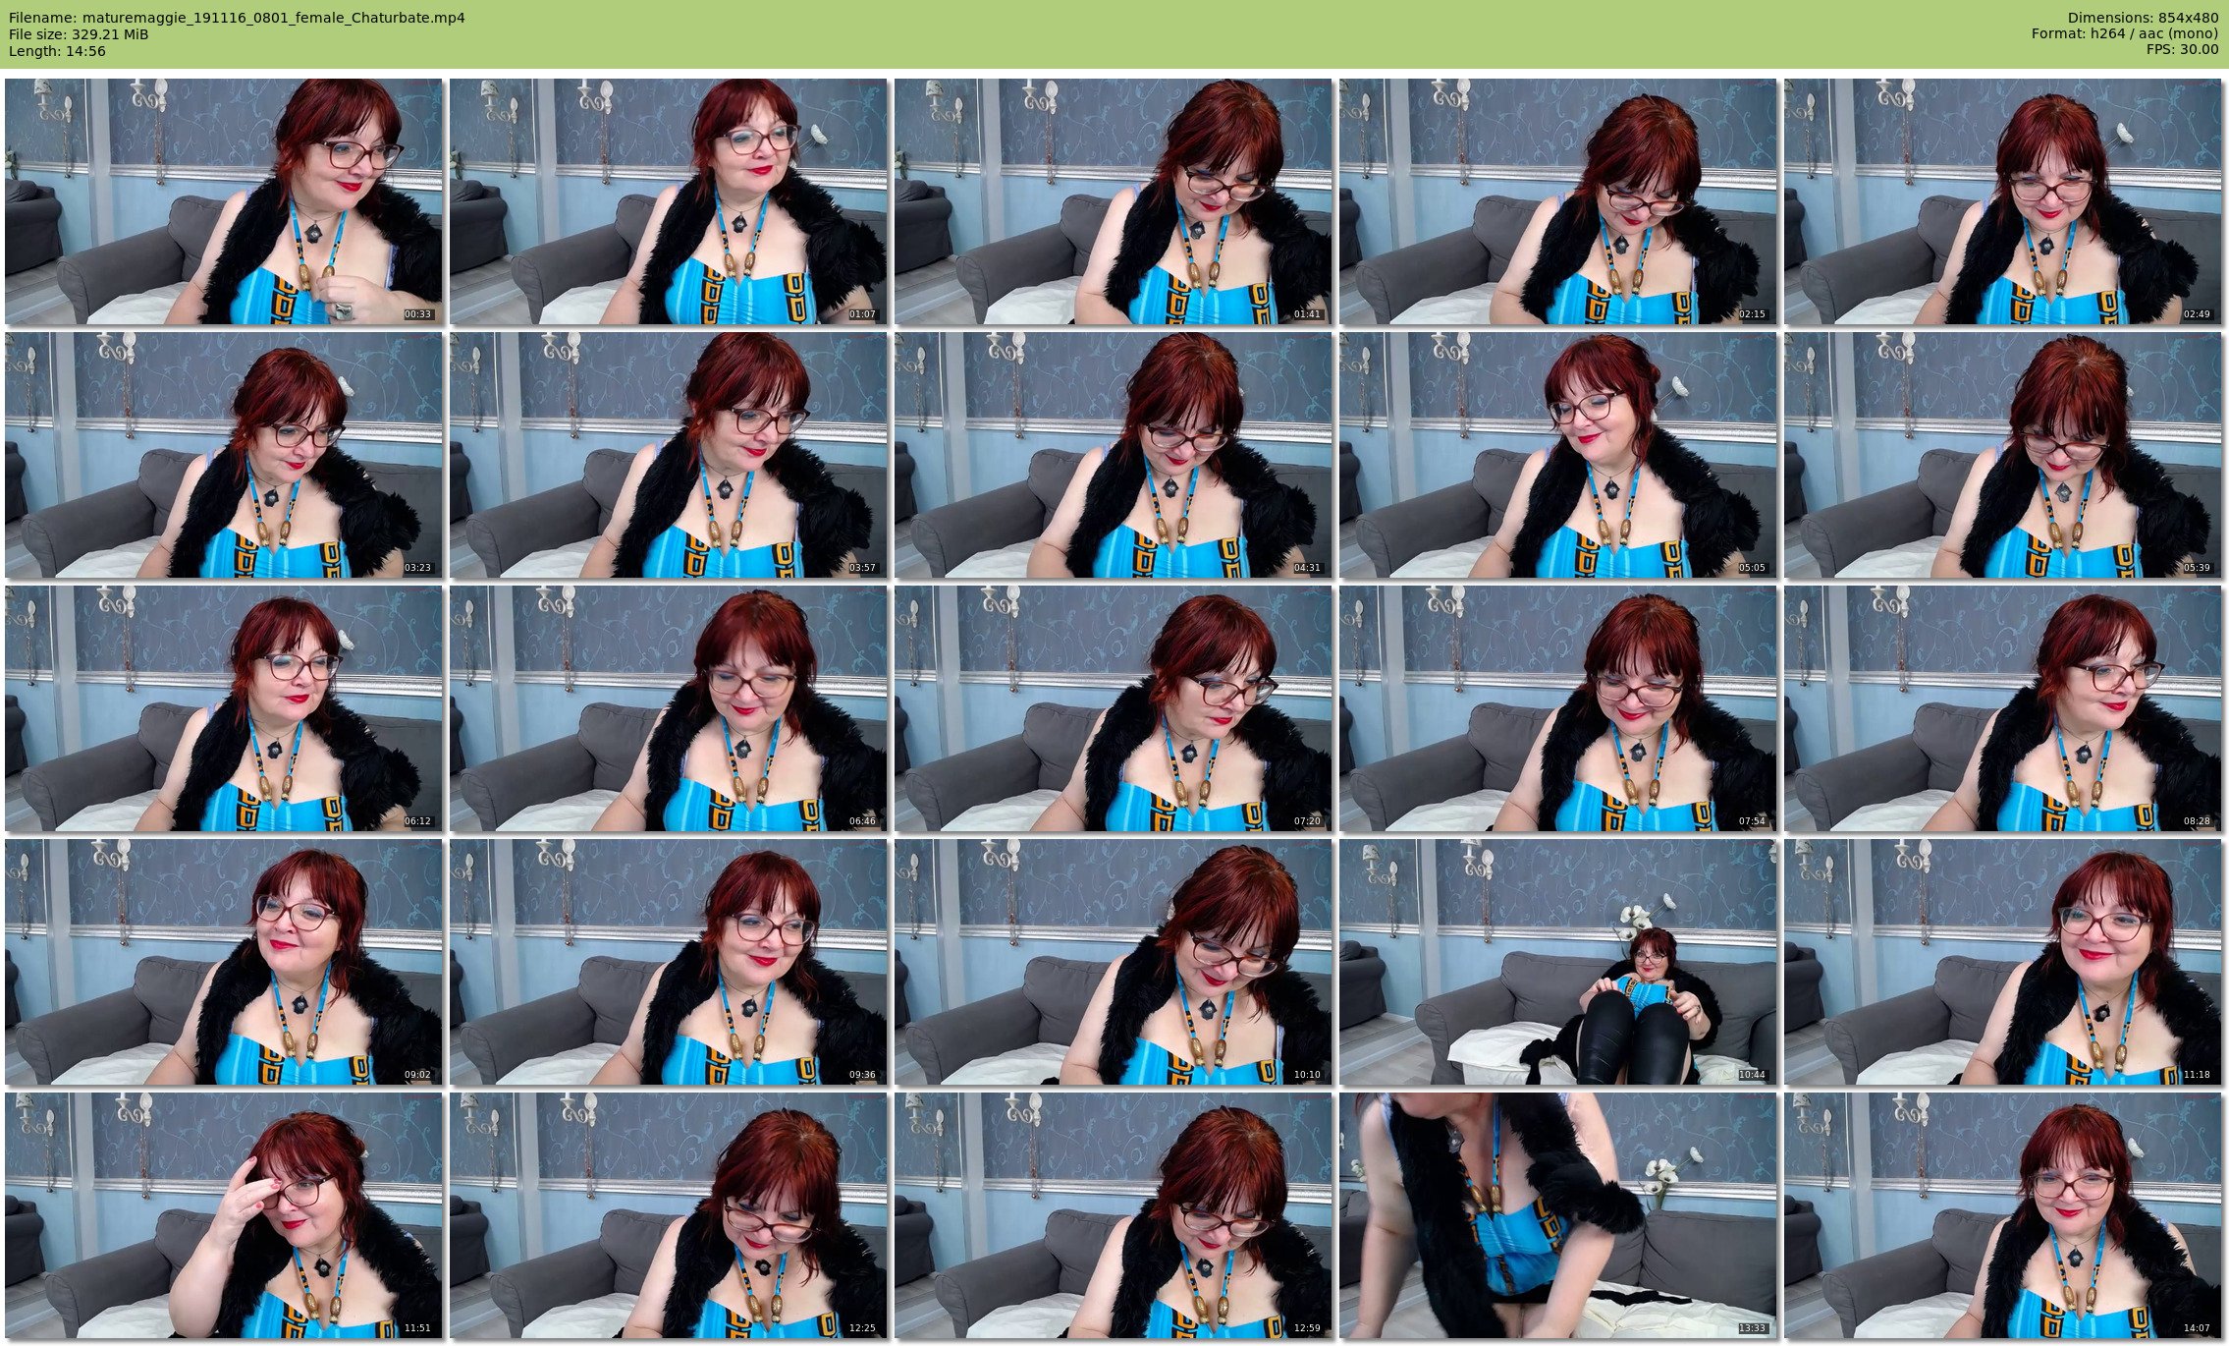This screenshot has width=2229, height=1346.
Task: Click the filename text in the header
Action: [237, 18]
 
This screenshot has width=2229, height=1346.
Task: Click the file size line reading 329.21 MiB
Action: [79, 34]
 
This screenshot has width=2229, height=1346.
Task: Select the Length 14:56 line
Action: [57, 51]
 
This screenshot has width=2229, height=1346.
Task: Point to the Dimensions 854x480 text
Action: [2143, 18]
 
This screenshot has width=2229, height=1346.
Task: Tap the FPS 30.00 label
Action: [2182, 51]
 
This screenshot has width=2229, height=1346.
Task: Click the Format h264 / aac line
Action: [2125, 34]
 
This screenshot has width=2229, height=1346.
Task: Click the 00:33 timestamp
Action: [418, 314]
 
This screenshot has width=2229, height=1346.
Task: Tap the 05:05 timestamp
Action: [1753, 568]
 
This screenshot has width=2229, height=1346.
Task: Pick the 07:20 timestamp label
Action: [1308, 821]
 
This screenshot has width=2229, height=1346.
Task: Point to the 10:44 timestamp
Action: [1753, 1075]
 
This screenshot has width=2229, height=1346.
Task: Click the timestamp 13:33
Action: [1753, 1328]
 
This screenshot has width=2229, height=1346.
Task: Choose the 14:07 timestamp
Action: [2198, 1328]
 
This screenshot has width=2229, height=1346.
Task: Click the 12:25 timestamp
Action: [863, 1328]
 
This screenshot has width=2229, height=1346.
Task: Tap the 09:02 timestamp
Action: [418, 1075]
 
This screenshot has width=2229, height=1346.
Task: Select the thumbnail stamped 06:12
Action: [224, 708]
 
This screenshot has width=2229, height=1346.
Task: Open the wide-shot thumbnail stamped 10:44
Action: [1558, 962]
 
